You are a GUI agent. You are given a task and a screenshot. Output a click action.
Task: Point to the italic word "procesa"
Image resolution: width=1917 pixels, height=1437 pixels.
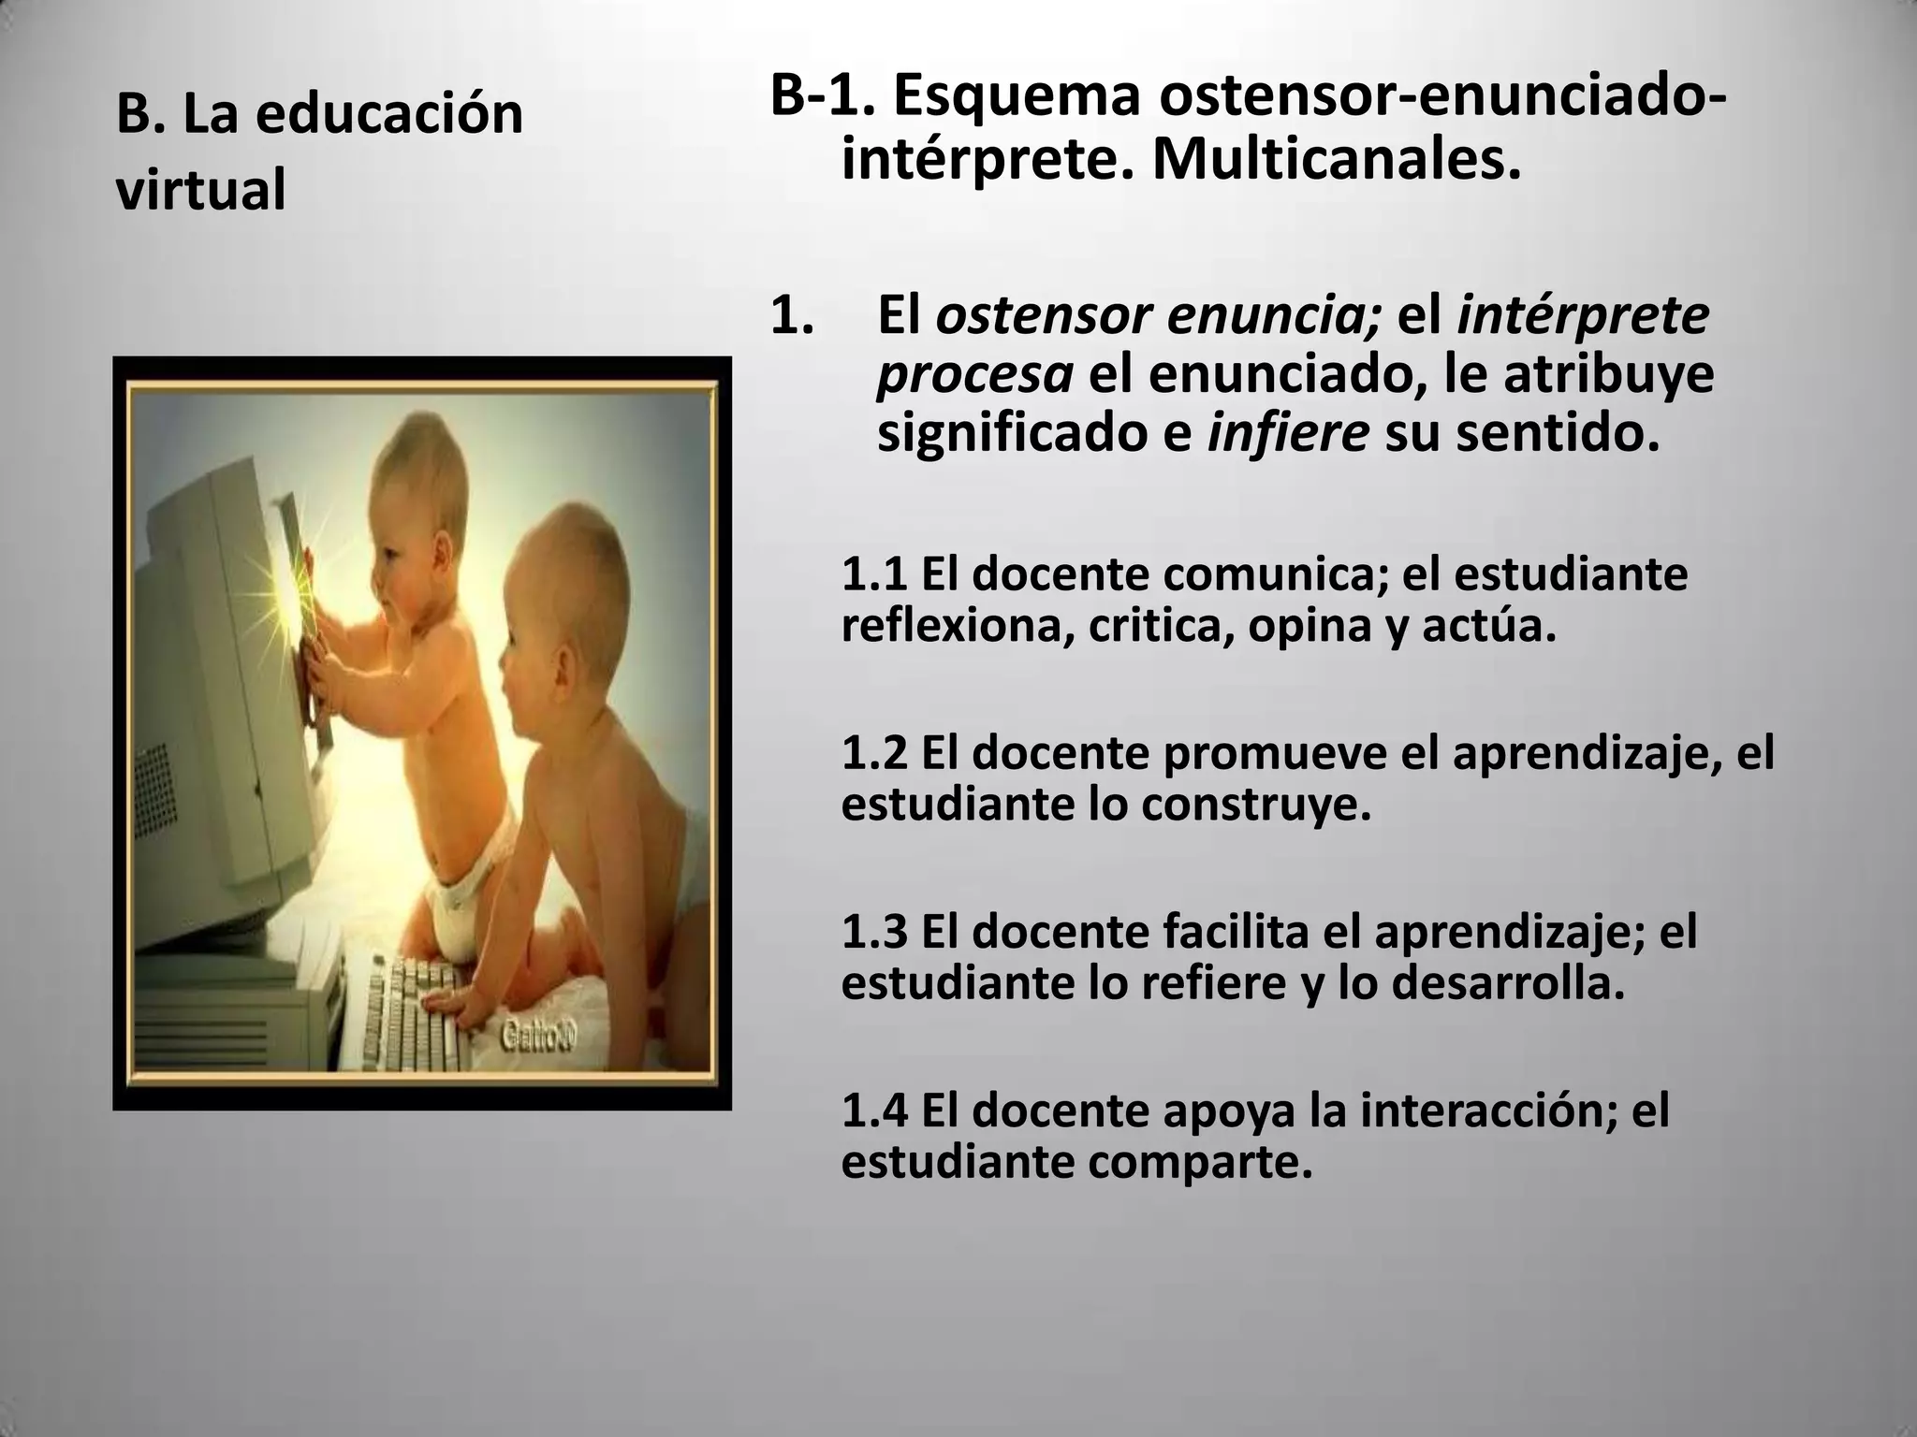[x=973, y=375]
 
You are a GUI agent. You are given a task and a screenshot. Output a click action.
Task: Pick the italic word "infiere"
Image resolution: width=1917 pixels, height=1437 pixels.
[x=1288, y=435]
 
